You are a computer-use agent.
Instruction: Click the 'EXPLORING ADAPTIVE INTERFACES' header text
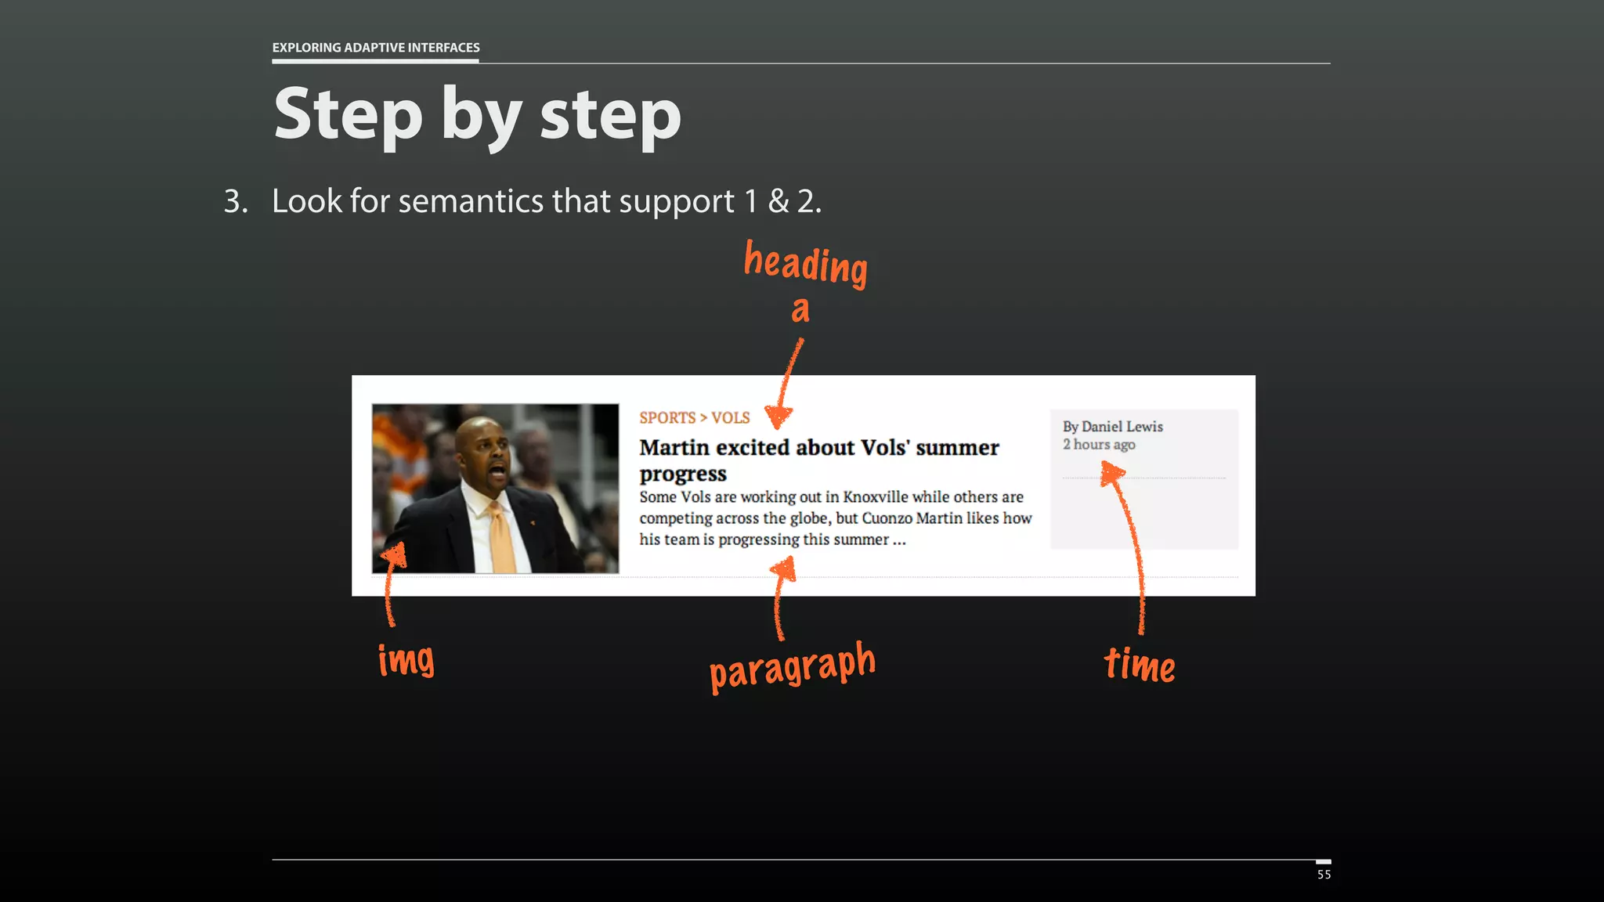coord(376,48)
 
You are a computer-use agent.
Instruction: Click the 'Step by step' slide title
coord(477,115)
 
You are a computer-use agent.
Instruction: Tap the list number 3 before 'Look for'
coord(235,201)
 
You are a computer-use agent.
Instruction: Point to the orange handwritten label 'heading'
coord(805,264)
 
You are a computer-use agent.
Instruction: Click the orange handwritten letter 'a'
coord(800,310)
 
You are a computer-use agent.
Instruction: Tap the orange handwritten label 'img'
coord(406,659)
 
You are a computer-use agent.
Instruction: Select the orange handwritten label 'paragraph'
coord(792,667)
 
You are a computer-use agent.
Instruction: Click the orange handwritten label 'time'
coord(1140,666)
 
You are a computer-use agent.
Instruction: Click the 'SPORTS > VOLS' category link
coord(694,418)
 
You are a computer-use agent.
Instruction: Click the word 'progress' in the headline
coord(683,474)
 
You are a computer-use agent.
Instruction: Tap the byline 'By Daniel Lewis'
coord(1112,427)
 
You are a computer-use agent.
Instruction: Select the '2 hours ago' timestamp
coord(1099,445)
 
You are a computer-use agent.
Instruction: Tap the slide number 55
coord(1324,875)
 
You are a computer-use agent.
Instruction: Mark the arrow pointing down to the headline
coord(786,384)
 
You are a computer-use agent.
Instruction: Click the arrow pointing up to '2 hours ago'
coord(1129,548)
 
